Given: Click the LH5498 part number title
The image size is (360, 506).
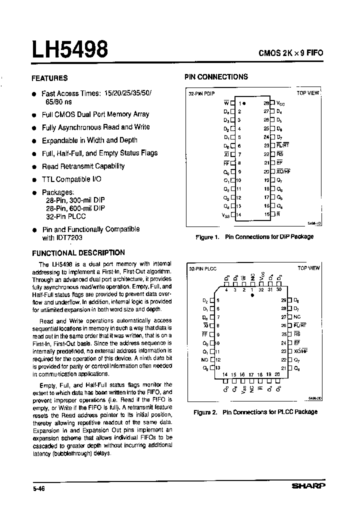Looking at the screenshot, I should pyautogui.click(x=70, y=50).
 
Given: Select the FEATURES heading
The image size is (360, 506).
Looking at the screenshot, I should pyautogui.click(x=49, y=78).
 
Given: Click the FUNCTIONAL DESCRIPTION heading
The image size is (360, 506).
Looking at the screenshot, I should pyautogui.click(x=78, y=253).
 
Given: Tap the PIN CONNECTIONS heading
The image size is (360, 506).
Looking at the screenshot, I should pyautogui.click(x=216, y=77).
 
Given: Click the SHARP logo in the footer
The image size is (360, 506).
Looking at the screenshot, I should pyautogui.click(x=308, y=485).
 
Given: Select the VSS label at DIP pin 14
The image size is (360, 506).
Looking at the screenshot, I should pyautogui.click(x=225, y=214).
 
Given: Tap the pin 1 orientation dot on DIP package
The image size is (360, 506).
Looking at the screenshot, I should pyautogui.click(x=244, y=103).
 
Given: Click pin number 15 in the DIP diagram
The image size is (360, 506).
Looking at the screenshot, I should pyautogui.click(x=266, y=214).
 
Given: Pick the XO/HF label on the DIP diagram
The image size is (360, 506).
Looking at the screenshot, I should pyautogui.click(x=283, y=171).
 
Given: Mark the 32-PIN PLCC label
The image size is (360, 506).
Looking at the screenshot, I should pyautogui.click(x=202, y=268).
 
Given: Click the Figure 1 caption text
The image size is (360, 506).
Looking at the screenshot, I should pyautogui.click(x=254, y=236).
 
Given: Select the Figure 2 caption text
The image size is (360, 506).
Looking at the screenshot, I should pyautogui.click(x=255, y=412).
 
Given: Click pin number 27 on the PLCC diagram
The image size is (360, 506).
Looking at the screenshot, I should pyautogui.click(x=283, y=317).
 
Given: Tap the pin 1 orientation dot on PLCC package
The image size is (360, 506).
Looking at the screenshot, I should pyautogui.click(x=252, y=296).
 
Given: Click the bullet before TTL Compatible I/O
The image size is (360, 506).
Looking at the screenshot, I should pyautogui.click(x=34, y=180).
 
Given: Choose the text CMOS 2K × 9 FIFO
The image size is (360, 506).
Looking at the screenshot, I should pyautogui.click(x=292, y=52).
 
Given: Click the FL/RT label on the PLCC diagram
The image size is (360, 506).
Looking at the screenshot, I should pyautogui.click(x=301, y=325).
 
